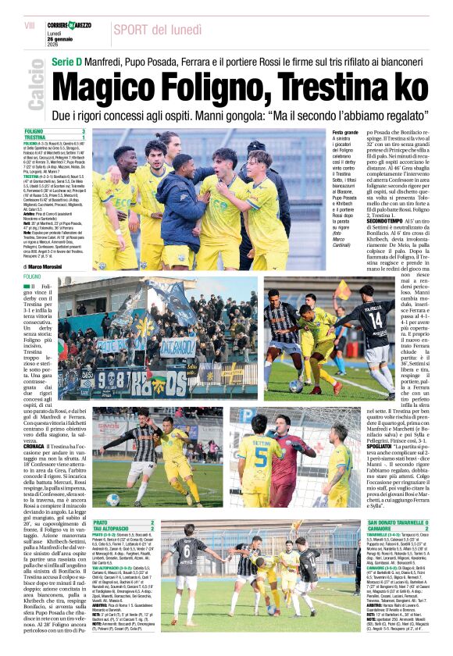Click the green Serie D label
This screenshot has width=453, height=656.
pos(68,60)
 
